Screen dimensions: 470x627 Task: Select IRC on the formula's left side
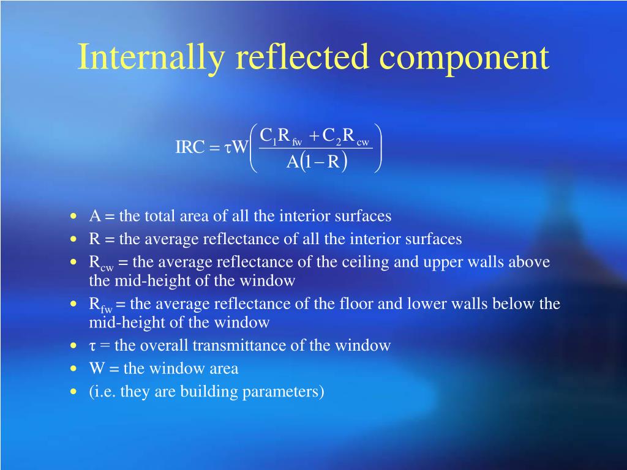click(x=189, y=147)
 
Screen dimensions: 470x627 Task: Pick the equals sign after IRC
click(x=214, y=148)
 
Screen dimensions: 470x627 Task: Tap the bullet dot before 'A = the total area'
click(x=74, y=217)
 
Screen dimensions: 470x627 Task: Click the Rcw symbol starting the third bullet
click(x=101, y=263)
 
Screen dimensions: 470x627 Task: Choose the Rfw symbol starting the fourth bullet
click(x=101, y=304)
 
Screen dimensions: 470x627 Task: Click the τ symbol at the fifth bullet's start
click(x=92, y=346)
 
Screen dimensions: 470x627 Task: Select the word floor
click(x=358, y=304)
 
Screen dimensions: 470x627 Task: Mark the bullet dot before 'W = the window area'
click(x=74, y=369)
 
